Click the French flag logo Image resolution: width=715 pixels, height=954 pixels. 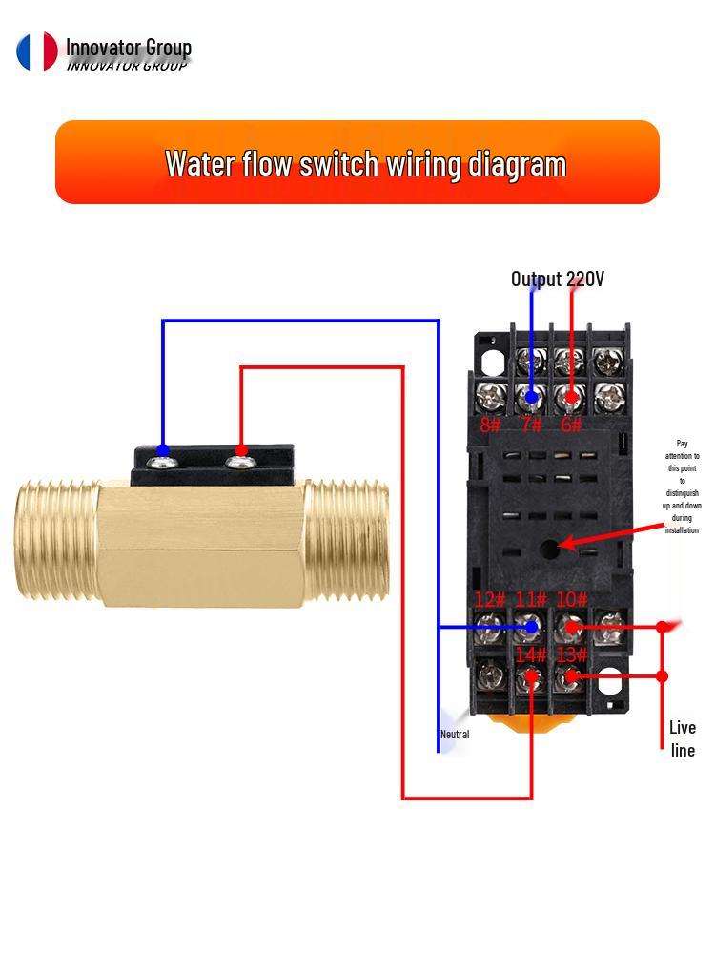37,52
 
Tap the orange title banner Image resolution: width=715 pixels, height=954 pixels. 357,162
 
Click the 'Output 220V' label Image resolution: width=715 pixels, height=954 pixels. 557,279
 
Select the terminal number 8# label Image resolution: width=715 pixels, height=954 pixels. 490,425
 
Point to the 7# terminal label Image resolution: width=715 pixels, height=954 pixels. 531,425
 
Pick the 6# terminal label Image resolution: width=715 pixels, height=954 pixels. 571,425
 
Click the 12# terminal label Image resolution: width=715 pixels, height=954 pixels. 490,600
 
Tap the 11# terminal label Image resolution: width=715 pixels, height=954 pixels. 531,600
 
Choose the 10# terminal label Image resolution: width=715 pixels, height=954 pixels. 572,600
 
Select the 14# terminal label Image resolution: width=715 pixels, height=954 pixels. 531,655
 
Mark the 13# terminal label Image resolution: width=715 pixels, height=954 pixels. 572,655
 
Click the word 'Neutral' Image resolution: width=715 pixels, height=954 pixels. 455,735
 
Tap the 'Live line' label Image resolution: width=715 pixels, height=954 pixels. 683,738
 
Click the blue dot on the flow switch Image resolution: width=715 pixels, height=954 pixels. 163,450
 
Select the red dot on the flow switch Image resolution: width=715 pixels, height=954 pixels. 241,450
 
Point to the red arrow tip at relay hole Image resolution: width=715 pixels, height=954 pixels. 562,545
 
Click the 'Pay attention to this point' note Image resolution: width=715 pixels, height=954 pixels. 682,487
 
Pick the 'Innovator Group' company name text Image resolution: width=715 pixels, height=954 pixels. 128,48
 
